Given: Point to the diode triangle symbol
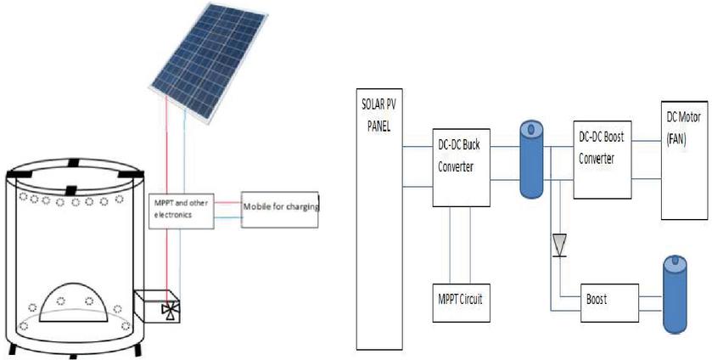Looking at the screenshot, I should pyautogui.click(x=558, y=246).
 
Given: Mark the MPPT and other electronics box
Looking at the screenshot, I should pyautogui.click(x=183, y=208).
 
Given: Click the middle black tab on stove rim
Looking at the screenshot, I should pyautogui.click(x=72, y=188).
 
